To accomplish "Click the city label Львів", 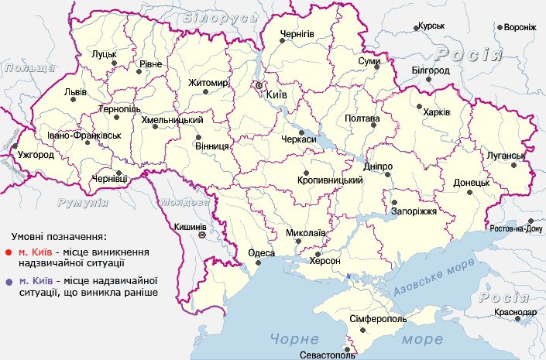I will (74, 91).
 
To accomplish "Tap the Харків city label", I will (436, 112).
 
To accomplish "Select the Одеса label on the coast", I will (261, 253).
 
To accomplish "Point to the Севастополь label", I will (327, 355).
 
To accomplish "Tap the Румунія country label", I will (82, 202).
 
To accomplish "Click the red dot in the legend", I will (8, 252).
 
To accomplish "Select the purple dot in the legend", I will (8, 281).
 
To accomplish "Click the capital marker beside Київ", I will (259, 85).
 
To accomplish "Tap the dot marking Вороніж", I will (500, 26).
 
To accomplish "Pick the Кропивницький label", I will (330, 180).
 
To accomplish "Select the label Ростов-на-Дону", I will (517, 228).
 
